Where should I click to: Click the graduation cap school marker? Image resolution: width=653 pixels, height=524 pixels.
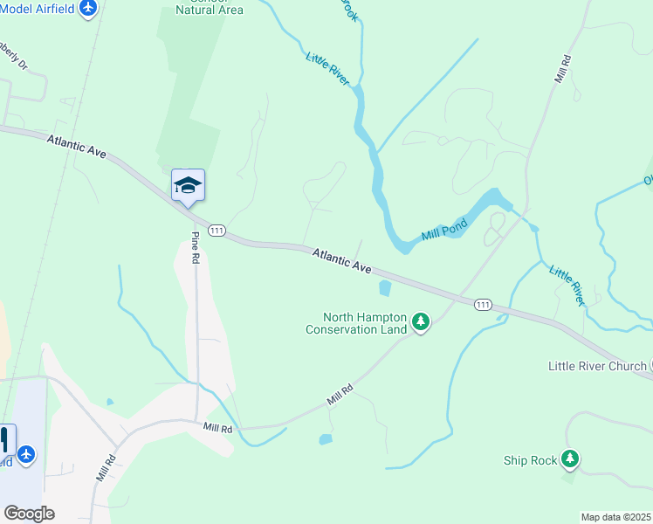[188, 185]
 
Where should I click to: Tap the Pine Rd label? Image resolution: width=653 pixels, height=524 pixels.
[196, 248]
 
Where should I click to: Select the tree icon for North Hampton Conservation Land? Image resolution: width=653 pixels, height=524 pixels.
[421, 323]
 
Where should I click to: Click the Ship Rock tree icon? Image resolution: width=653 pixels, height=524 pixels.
[569, 458]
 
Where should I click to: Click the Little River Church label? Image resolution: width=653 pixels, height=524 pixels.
[597, 366]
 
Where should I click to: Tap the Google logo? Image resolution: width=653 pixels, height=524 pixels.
[29, 514]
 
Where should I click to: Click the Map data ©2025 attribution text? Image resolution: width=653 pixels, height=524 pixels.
[615, 517]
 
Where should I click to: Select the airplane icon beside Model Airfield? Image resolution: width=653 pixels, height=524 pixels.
[87, 8]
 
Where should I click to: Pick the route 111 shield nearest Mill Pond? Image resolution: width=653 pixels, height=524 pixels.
[483, 304]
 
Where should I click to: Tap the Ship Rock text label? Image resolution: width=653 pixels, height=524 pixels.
[530, 459]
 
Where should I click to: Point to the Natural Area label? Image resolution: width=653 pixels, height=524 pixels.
[209, 9]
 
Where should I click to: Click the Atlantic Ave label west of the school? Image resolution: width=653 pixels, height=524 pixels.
[77, 146]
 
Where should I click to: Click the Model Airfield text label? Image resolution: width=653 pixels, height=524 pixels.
[37, 8]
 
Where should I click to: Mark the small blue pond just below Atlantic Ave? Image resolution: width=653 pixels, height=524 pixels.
[385, 287]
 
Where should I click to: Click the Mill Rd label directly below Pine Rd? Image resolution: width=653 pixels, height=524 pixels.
[217, 427]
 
